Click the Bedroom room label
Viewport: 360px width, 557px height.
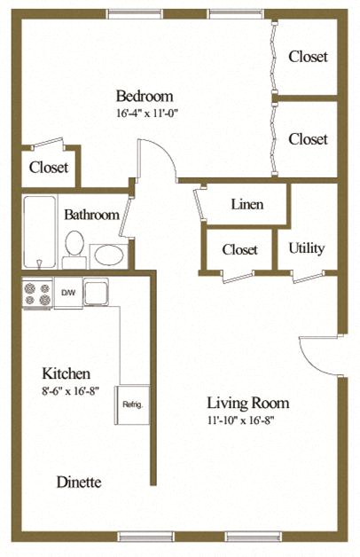click(x=144, y=96)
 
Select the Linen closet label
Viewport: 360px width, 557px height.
click(x=246, y=205)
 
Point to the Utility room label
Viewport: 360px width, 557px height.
click(x=307, y=248)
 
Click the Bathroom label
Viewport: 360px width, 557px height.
click(x=91, y=215)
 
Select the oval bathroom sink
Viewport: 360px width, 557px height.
click(x=108, y=255)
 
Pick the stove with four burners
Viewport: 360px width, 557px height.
click(x=36, y=294)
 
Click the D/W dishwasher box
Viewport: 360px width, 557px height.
click(x=68, y=292)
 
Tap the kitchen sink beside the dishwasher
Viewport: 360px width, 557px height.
click(x=95, y=292)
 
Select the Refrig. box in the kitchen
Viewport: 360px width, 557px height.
click(x=132, y=405)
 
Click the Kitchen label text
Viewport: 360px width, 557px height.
click(x=66, y=373)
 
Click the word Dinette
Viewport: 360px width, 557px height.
click(x=78, y=482)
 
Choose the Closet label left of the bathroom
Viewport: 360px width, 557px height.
click(x=49, y=167)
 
